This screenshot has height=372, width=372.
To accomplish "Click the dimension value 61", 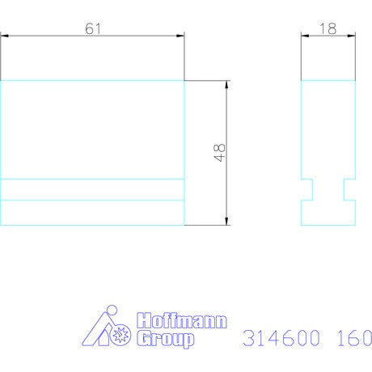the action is (93, 29).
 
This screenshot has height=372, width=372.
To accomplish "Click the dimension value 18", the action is (328, 29).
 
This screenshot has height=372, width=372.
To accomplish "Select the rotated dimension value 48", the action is (219, 152).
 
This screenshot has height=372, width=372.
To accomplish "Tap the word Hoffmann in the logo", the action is (182, 320).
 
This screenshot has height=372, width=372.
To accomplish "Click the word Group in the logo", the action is (165, 339).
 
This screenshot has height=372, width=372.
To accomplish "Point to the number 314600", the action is (281, 338).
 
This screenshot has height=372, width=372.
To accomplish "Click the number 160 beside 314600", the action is (354, 338).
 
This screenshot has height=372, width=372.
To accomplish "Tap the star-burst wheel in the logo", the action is (120, 335).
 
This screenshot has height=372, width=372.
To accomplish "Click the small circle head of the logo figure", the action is (112, 310).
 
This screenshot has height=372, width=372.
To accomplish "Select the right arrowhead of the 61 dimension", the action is (180, 36).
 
